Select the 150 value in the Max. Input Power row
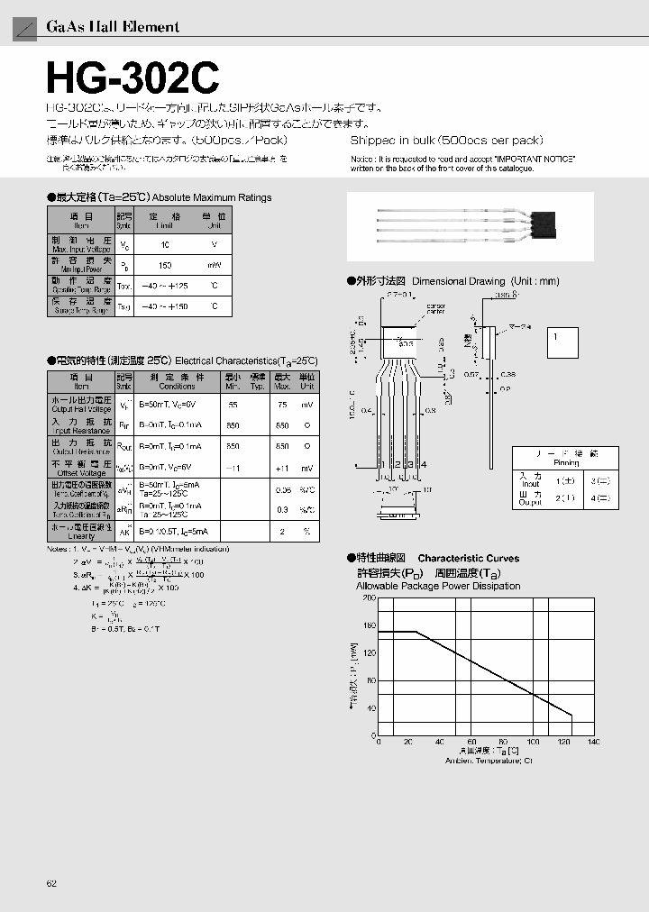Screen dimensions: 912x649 (x=165, y=266)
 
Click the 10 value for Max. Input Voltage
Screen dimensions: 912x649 (x=165, y=244)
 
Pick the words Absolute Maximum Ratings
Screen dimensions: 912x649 (x=212, y=197)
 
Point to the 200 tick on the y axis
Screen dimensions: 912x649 (x=368, y=597)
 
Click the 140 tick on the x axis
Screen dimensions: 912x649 (x=593, y=742)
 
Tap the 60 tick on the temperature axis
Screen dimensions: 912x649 (x=471, y=742)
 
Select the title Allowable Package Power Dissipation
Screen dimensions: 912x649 (x=438, y=586)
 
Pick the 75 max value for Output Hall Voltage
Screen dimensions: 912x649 (x=282, y=405)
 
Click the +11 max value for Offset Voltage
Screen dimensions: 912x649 (x=282, y=468)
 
